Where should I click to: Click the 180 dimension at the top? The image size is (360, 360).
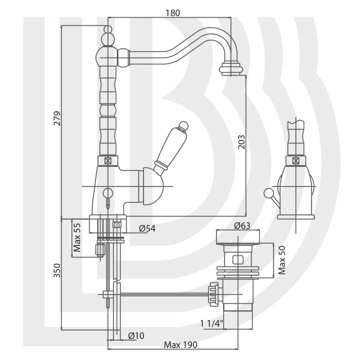point(173,13)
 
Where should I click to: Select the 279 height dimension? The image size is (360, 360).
point(57,118)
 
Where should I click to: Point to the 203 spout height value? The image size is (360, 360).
point(241,142)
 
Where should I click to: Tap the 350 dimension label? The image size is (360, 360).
point(57,271)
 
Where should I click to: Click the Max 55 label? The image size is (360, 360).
point(77,238)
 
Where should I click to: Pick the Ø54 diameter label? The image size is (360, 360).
point(147,229)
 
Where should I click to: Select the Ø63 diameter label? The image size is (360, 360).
point(242,226)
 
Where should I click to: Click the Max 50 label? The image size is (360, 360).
point(282,260)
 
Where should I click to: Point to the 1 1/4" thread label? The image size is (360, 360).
point(212,324)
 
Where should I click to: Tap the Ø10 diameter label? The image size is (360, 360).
point(136,335)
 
